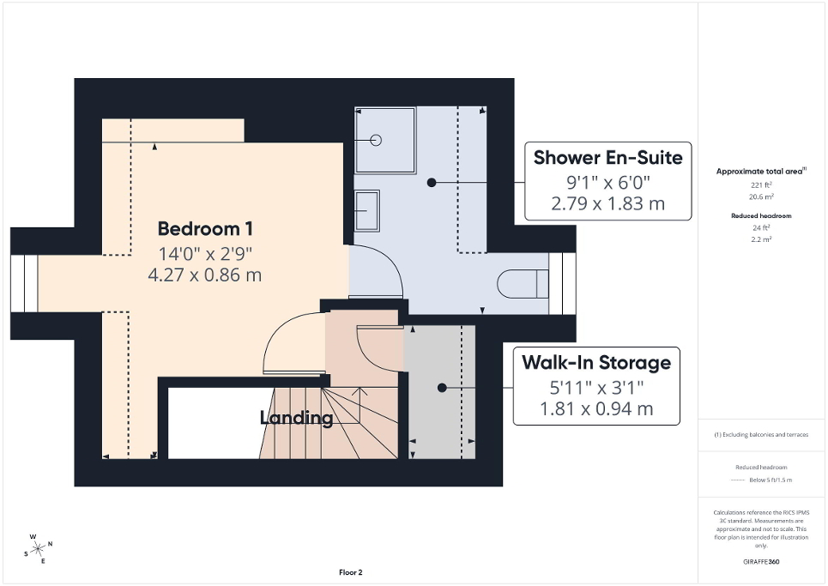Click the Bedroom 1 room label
(204, 229)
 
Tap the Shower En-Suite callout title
(607, 158)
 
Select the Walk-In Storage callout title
(596, 363)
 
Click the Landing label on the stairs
(296, 419)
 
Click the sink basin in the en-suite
(367, 210)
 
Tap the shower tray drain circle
(376, 139)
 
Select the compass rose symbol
(39, 548)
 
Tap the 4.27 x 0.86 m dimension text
(204, 275)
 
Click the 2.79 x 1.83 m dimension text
(607, 204)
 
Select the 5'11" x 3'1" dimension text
(596, 387)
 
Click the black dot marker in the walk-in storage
(442, 388)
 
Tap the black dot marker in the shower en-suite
(432, 182)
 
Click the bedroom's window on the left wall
(25, 281)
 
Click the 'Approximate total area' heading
(760, 172)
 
